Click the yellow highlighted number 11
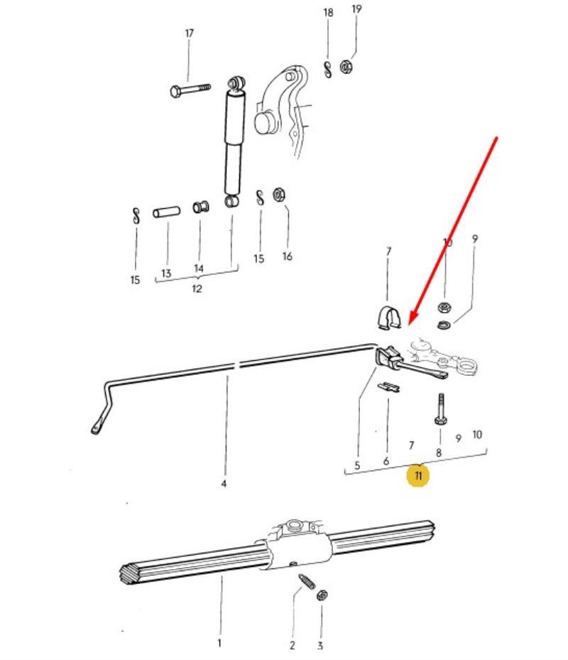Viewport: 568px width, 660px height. [x=417, y=475]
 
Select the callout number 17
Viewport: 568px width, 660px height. [x=189, y=33]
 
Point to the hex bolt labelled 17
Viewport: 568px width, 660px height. [x=190, y=90]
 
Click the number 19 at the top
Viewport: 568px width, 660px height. [x=356, y=9]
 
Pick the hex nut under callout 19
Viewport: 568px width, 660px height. [x=346, y=67]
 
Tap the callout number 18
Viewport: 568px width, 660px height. [x=328, y=13]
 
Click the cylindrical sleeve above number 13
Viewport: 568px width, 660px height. [x=167, y=211]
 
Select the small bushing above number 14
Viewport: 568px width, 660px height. [x=201, y=207]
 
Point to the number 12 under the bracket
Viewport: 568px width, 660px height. [x=197, y=288]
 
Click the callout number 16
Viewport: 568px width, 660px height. [x=288, y=256]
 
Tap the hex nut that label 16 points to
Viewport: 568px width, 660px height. [x=279, y=195]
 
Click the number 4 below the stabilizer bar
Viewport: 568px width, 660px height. [x=224, y=484]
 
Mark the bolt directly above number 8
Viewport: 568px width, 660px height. [x=440, y=409]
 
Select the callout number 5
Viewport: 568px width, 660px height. [x=357, y=465]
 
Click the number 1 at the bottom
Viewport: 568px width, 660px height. [x=219, y=643]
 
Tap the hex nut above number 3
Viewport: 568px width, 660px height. [x=322, y=595]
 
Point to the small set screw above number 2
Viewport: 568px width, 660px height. [x=307, y=581]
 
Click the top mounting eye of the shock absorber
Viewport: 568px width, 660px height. [x=236, y=83]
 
